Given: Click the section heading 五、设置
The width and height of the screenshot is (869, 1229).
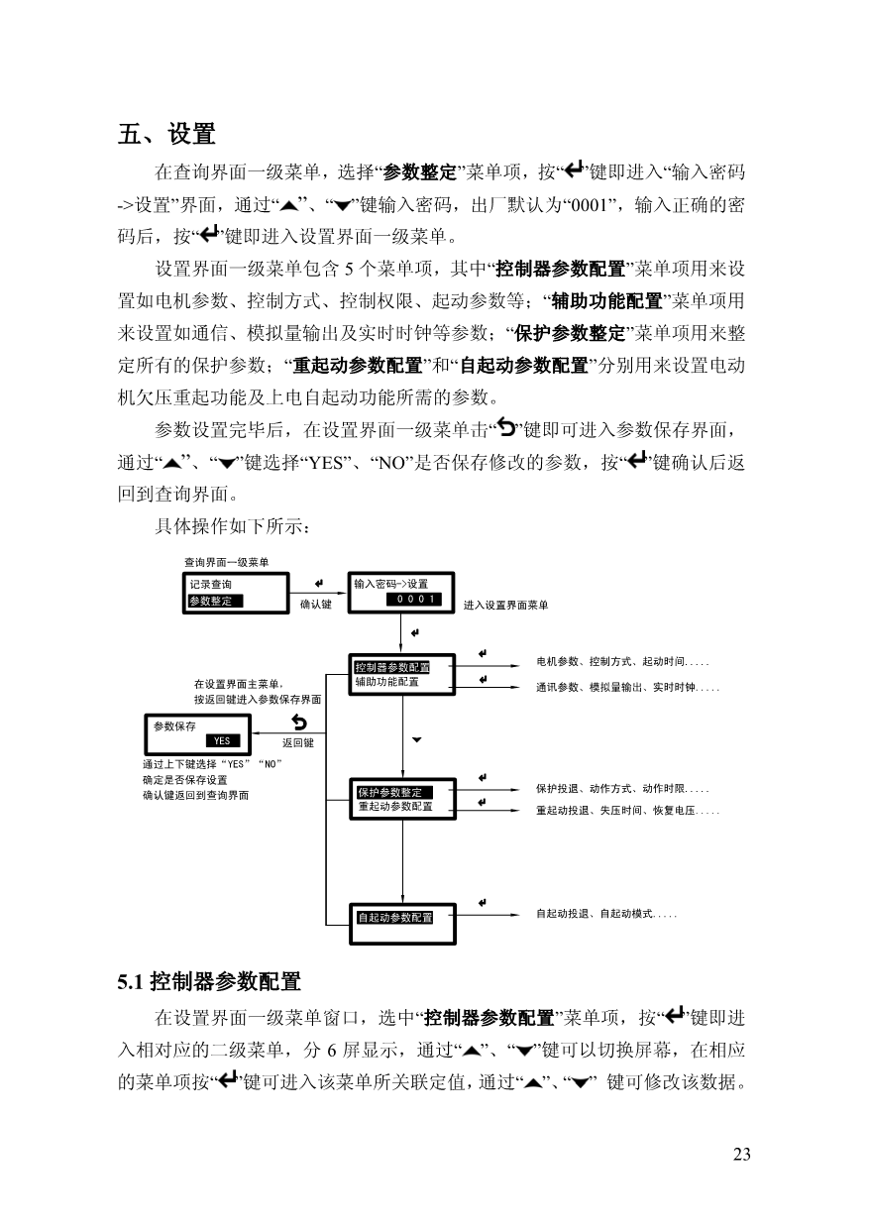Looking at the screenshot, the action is coord(166,134).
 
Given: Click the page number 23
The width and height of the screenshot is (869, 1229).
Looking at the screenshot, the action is coord(742,1154).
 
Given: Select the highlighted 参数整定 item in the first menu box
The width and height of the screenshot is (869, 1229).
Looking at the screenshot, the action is coord(214,601).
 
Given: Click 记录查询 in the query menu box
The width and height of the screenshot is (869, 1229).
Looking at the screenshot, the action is coord(211,585).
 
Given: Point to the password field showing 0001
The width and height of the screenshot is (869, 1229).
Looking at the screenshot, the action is coord(413,599).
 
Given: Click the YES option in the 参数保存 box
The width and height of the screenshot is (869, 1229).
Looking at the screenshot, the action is coord(223,740).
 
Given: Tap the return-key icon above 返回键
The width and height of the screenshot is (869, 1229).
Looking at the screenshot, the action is coord(299,722).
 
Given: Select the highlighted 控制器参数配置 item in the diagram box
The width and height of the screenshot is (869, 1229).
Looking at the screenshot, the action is coord(391,667).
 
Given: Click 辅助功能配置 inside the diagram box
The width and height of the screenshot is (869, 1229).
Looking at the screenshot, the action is coord(386,682).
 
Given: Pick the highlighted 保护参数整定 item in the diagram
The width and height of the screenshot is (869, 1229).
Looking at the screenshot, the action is coord(394,792).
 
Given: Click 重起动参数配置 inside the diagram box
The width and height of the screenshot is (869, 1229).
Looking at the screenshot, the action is coord(395,806).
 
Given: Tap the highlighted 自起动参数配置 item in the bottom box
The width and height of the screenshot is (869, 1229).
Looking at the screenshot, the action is coord(395,918).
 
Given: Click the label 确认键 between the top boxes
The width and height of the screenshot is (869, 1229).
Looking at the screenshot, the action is coord(316,604).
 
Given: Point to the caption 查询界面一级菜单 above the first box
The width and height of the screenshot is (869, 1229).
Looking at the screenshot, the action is coord(227,562).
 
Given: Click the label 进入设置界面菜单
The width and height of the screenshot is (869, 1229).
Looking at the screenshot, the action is coord(505,606).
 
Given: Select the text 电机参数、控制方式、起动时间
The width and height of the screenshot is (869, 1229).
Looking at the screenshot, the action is coord(610,662).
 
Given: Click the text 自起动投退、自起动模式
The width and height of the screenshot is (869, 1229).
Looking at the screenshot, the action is coord(595,914).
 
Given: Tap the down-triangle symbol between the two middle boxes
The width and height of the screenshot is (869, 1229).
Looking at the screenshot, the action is coord(417,740).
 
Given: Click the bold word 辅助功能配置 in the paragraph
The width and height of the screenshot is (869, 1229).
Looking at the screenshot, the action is coord(607,301).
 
